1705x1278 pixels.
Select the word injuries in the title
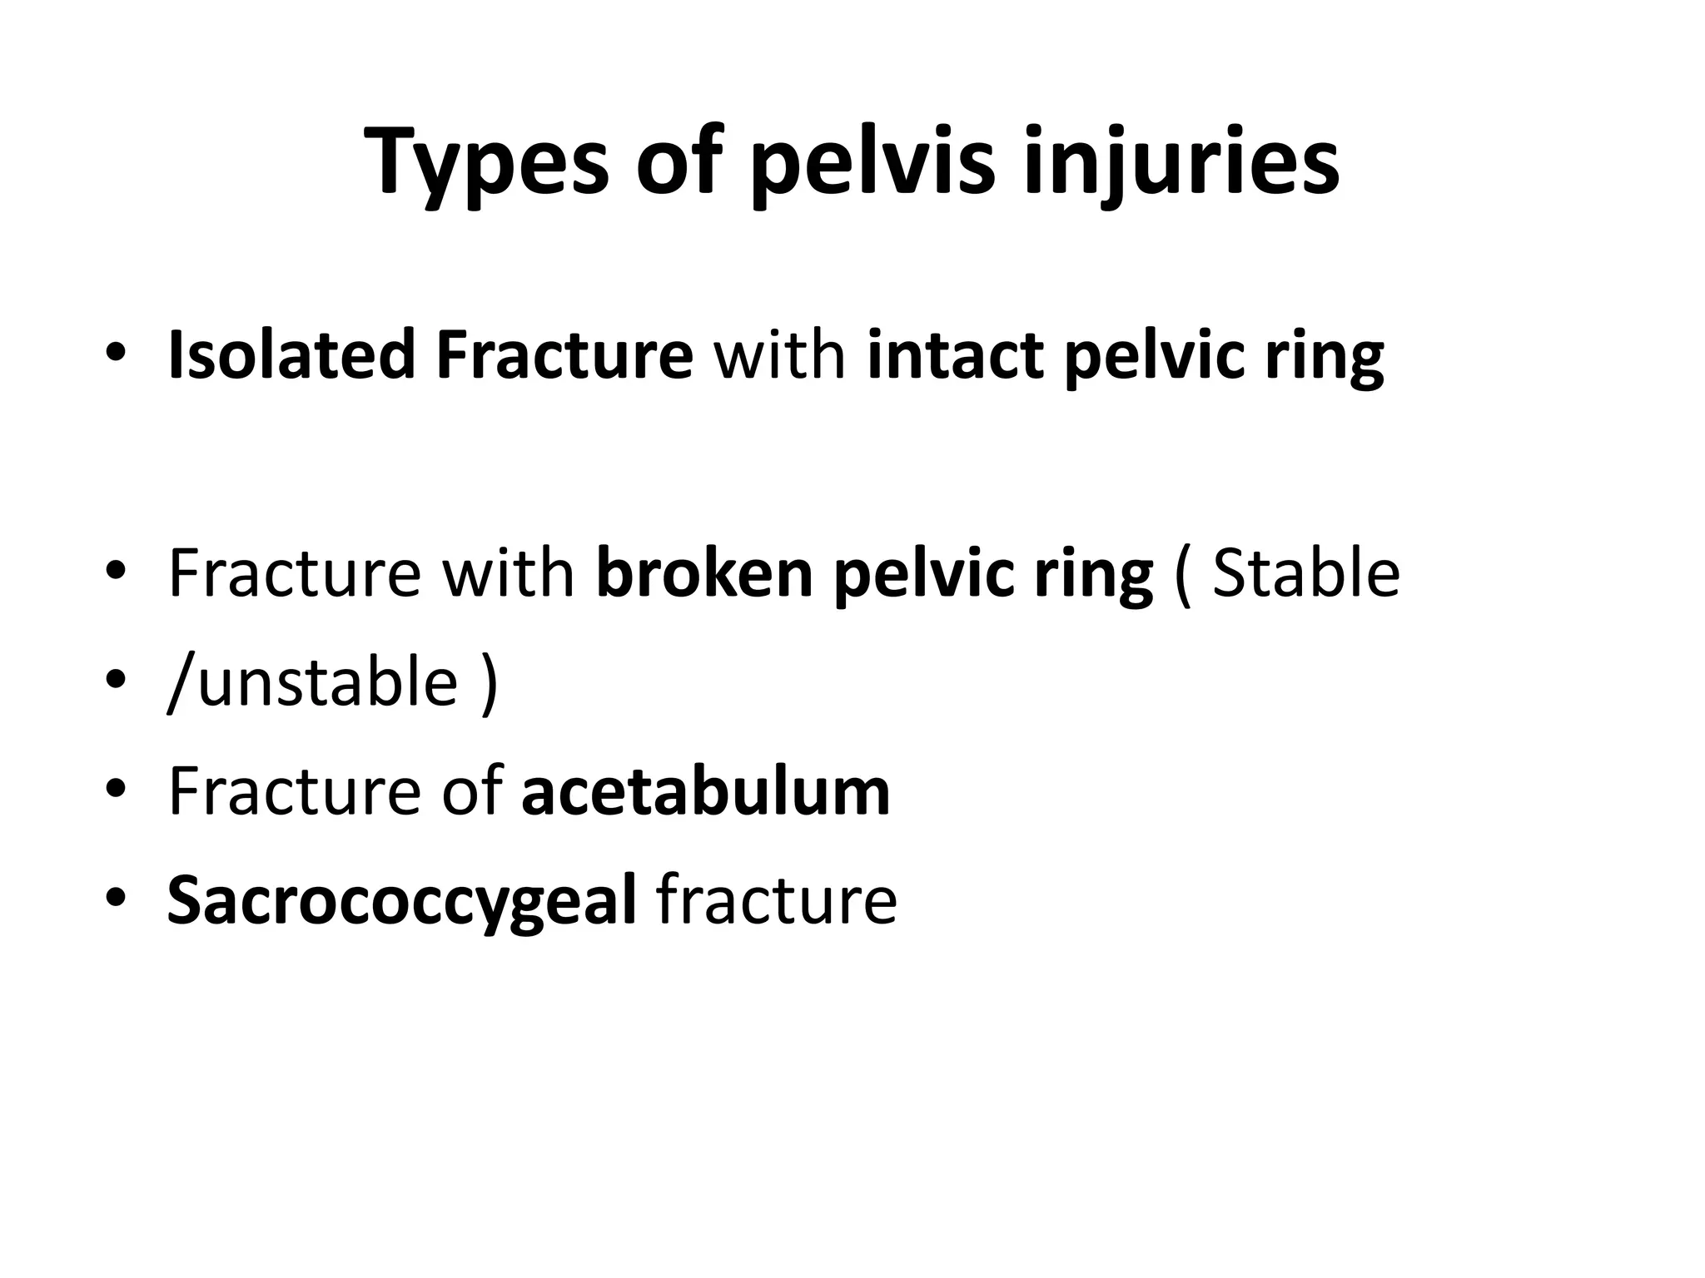coord(1181,163)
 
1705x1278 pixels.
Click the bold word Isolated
coord(291,355)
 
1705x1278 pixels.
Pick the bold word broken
coord(704,573)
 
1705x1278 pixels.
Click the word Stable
coord(1305,573)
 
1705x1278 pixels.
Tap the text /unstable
coord(313,681)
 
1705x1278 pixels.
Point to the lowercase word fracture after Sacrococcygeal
coord(777,900)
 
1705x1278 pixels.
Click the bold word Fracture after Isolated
coord(564,355)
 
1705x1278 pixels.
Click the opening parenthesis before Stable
coord(1181,573)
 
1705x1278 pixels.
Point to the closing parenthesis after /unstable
coord(490,681)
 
